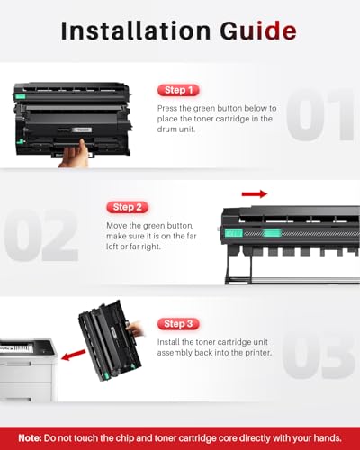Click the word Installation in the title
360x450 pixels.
[x=136, y=31]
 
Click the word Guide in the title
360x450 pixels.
[x=258, y=31]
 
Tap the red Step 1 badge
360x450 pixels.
[x=178, y=90]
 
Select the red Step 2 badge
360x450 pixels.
[x=128, y=207]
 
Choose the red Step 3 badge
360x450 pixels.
[x=178, y=324]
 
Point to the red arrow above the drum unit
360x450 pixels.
[x=255, y=194]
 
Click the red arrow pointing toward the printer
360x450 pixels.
[x=74, y=355]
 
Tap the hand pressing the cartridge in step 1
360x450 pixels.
[x=75, y=155]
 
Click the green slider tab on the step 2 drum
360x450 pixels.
[x=272, y=233]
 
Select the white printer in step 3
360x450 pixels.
[x=29, y=370]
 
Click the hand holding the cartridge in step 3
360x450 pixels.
[x=136, y=328]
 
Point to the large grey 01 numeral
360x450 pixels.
[x=320, y=114]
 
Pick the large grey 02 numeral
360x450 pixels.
[x=41, y=235]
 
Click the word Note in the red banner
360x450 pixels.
[x=30, y=438]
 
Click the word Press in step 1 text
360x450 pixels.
[x=167, y=108]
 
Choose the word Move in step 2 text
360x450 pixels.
[x=117, y=225]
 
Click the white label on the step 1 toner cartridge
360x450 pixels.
[x=83, y=130]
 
